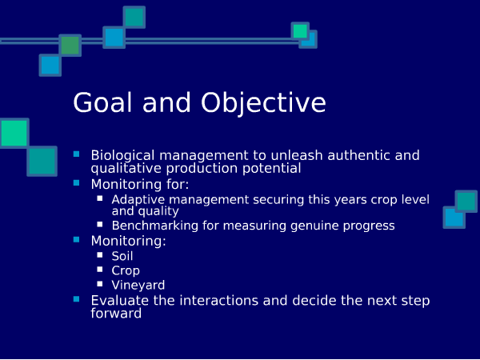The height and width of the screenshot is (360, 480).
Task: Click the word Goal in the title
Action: pyautogui.click(x=102, y=102)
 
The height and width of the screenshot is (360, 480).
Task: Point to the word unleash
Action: pyautogui.click(x=297, y=155)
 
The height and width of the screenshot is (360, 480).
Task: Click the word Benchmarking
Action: pyautogui.click(x=155, y=226)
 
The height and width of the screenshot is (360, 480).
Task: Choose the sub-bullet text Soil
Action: pyautogui.click(x=122, y=256)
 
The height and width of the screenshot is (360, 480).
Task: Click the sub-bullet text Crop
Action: pyautogui.click(x=126, y=271)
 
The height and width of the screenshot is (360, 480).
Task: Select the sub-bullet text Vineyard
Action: pyautogui.click(x=138, y=286)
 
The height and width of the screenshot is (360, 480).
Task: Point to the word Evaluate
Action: pyautogui.click(x=120, y=300)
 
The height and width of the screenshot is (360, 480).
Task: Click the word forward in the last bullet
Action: pyautogui.click(x=116, y=313)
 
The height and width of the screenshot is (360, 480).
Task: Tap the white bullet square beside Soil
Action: pyautogui.click(x=100, y=254)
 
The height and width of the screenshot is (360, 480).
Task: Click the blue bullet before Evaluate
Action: pyautogui.click(x=76, y=298)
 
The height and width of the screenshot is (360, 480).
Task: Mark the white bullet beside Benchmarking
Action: pyautogui.click(x=100, y=224)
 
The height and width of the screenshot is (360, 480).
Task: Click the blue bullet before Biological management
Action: pyautogui.click(x=76, y=154)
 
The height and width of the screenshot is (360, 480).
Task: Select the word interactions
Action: pyautogui.click(x=234, y=300)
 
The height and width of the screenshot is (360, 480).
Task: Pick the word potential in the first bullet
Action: pyautogui.click(x=272, y=169)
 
